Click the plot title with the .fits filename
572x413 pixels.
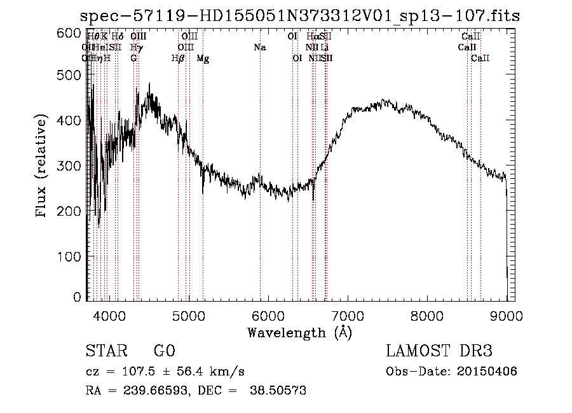[300, 17]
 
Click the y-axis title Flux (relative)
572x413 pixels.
[42, 167]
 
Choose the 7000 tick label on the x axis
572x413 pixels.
[348, 314]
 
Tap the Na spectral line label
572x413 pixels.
[259, 47]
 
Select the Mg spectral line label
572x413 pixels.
[203, 59]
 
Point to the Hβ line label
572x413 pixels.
[178, 59]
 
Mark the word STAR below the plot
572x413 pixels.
[106, 351]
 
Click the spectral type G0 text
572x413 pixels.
[164, 351]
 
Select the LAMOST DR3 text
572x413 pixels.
[439, 351]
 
